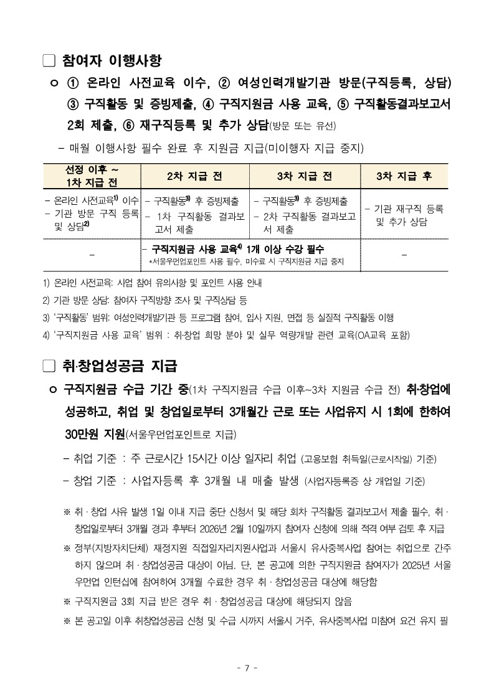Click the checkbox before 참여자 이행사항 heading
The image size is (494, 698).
coord(49,60)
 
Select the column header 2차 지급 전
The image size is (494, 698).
coord(194,176)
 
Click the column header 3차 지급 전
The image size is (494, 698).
coord(305,176)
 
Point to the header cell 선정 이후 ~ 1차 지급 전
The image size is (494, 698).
coord(92,176)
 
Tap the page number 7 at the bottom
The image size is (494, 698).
coord(247,668)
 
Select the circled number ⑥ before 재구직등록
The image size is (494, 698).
coord(129,125)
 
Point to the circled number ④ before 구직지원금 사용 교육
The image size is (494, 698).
coord(208,104)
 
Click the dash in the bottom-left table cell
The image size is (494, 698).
coord(92,254)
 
